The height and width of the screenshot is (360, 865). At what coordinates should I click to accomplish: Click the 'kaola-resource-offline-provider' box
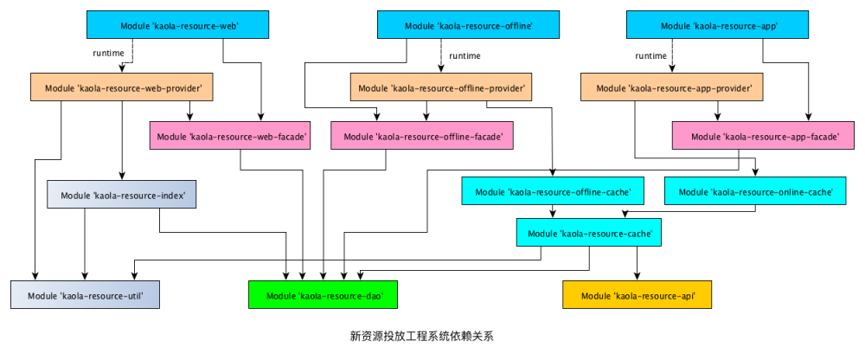point(439,87)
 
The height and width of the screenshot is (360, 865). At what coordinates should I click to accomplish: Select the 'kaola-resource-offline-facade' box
point(422,136)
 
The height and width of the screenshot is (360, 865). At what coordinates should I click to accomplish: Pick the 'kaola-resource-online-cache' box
point(753,190)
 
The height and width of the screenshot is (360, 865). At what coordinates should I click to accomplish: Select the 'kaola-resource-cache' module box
point(590,233)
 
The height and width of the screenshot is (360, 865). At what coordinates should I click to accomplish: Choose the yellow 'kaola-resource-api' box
point(638,295)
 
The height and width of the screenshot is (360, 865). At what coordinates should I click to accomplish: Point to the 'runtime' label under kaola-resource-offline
point(465,55)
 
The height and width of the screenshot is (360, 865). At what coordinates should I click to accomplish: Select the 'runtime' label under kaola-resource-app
point(650,55)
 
